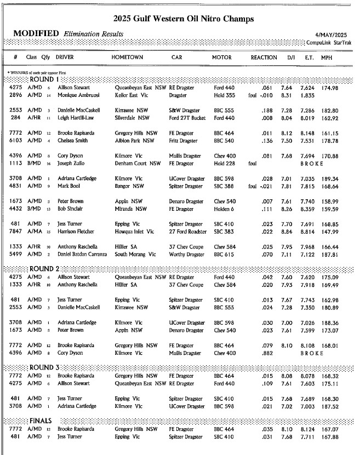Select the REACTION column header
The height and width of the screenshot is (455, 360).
coord(264,57)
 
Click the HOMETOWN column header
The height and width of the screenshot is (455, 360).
coord(127,57)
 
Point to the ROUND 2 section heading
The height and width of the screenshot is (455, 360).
coord(45,269)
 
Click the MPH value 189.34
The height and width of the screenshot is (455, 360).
coord(329,178)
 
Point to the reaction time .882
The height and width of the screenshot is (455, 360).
coord(266,353)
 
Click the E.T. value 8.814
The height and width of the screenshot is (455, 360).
coord(307,232)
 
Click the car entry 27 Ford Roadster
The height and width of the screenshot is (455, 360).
coord(188,232)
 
